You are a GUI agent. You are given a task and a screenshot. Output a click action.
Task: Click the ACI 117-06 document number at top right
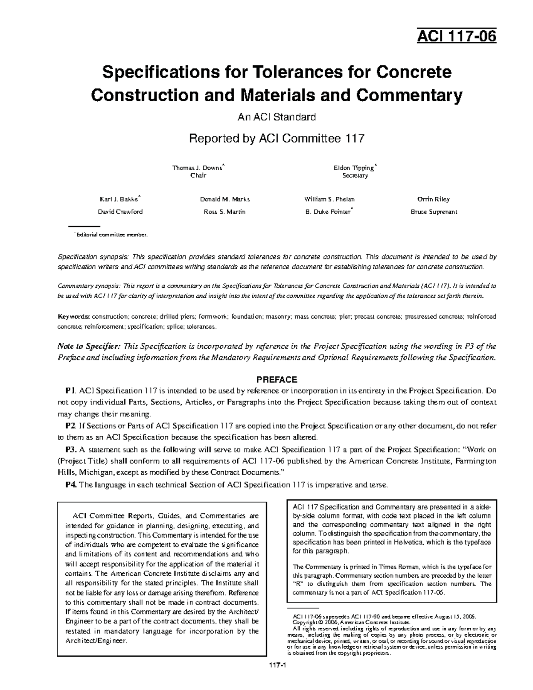click(x=456, y=36)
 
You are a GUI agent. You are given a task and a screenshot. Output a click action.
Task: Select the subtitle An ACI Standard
click(x=276, y=117)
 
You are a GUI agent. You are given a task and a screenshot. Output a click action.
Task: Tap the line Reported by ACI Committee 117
click(x=276, y=139)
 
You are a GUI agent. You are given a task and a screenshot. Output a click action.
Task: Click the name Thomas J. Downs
click(x=198, y=168)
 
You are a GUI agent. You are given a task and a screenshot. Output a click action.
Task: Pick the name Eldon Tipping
click(x=354, y=168)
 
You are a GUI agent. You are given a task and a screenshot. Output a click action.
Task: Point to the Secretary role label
click(x=355, y=175)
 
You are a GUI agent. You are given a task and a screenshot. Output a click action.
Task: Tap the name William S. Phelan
click(x=329, y=199)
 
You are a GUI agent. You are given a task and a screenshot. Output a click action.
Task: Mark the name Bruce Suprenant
click(x=434, y=212)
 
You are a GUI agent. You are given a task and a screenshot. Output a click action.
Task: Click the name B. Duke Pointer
click(x=328, y=212)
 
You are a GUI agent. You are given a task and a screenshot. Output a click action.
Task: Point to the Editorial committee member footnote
click(x=111, y=235)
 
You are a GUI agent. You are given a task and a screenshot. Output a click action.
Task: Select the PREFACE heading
click(x=276, y=379)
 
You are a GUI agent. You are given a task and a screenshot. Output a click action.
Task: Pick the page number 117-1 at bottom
click(x=276, y=678)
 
